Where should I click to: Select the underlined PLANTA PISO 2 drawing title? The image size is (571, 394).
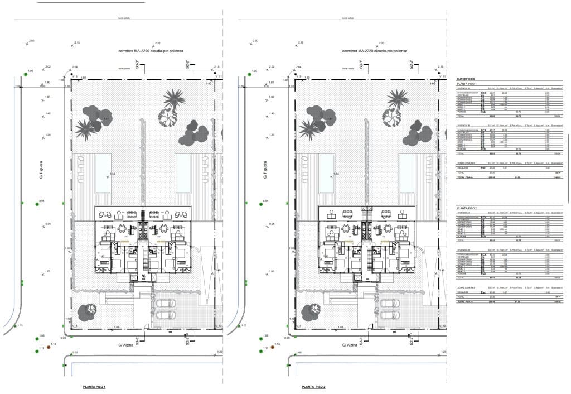pos(313,387)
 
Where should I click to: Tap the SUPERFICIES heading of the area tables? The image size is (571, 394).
pos(467,79)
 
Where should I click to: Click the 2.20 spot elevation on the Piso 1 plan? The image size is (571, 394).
pos(157,43)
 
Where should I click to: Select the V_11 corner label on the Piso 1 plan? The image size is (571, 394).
pos(219,76)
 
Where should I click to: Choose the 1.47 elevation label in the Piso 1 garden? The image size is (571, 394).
pos(105,119)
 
